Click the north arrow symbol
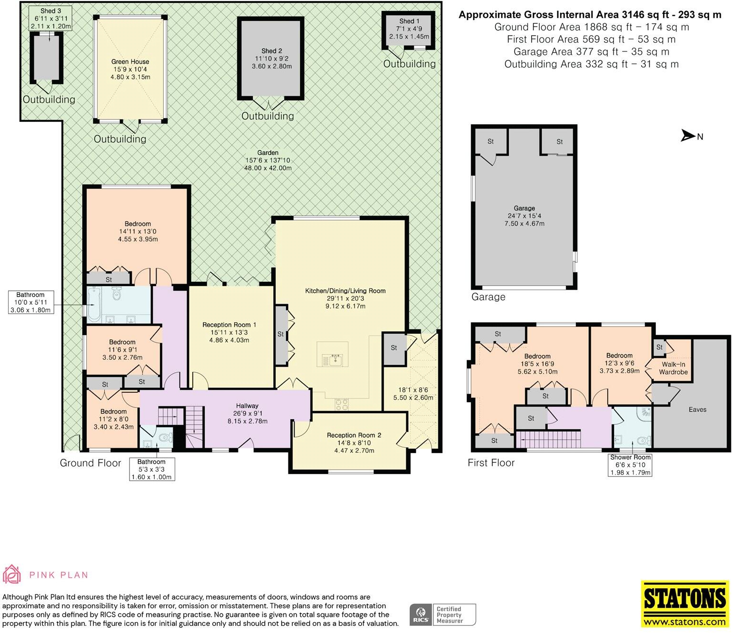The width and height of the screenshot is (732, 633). (x=688, y=136)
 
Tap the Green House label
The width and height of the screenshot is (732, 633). (x=130, y=62)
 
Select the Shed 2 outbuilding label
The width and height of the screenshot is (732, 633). (x=272, y=51)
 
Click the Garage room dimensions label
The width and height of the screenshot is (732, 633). (x=524, y=219)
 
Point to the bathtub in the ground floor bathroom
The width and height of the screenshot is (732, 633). (x=94, y=305)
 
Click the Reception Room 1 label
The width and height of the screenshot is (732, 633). (x=229, y=325)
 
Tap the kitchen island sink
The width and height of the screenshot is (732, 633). (x=334, y=360)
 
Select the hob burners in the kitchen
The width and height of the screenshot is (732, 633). (x=341, y=405)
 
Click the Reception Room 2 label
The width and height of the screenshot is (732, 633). (x=354, y=435)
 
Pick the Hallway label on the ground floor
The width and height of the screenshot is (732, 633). (x=247, y=406)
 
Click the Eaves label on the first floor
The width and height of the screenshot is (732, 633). (x=698, y=409)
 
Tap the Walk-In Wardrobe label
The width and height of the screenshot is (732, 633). (x=673, y=368)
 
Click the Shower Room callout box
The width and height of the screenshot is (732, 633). (x=630, y=465)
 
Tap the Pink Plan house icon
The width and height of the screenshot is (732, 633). (x=11, y=574)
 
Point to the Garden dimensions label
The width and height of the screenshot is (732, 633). (x=268, y=164)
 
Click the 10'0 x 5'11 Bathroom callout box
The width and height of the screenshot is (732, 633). (x=30, y=302)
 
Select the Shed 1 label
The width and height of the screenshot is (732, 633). (x=409, y=21)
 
